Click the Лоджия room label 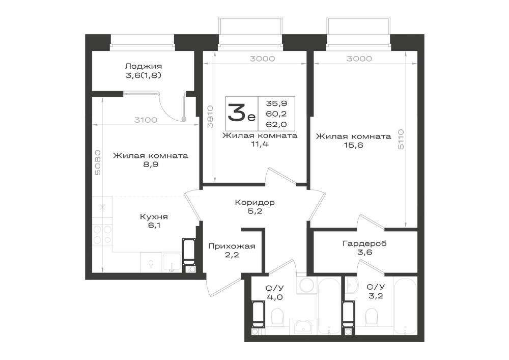[143, 66]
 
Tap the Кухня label [154, 216]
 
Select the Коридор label [254, 203]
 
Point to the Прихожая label [232, 246]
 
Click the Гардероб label [364, 243]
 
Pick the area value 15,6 [354, 145]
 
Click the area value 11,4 [260, 144]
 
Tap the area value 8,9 [151, 164]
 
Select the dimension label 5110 [401, 139]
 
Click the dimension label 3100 [146, 120]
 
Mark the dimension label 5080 [98, 162]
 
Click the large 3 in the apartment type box [236, 113]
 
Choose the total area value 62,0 [276, 124]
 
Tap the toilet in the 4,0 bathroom [277, 317]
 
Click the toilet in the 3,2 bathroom [372, 317]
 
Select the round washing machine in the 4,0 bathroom [306, 285]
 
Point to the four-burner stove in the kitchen [103, 235]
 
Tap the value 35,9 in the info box [276, 103]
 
